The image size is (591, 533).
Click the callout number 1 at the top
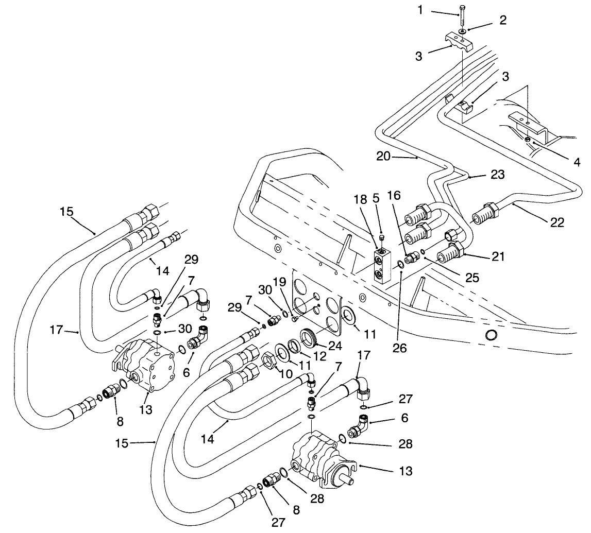(420, 10)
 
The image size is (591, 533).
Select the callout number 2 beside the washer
(503, 20)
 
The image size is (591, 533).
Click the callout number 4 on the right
(577, 162)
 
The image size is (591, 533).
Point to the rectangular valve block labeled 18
(382, 265)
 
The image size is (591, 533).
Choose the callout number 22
(557, 222)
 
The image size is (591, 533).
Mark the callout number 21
(498, 256)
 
